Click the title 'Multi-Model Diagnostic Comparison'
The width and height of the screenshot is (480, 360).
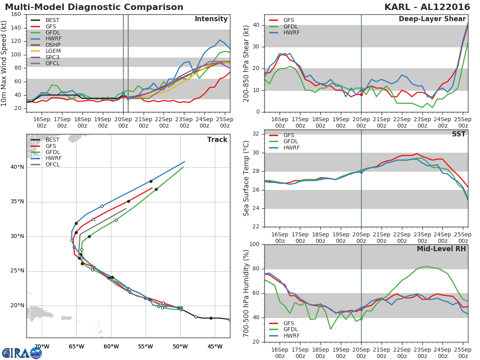tap(94, 7)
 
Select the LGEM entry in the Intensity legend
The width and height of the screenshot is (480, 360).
tap(52, 51)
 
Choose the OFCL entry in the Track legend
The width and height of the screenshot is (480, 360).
tap(52, 164)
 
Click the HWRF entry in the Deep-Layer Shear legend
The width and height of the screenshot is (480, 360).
tap(292, 33)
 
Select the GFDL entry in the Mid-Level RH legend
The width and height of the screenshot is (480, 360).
tap(292, 329)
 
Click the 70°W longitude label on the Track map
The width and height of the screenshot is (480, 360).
tap(42, 346)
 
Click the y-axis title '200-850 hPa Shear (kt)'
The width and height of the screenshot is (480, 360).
tap(247, 64)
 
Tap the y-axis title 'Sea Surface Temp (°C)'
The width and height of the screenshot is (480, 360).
tap(247, 178)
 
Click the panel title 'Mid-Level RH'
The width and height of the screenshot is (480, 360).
tap(441, 249)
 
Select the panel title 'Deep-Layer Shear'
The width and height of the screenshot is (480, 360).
tap(432, 19)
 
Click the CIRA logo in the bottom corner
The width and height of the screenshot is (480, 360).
tap(22, 353)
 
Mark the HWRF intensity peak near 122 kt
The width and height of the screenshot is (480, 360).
tap(220, 40)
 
